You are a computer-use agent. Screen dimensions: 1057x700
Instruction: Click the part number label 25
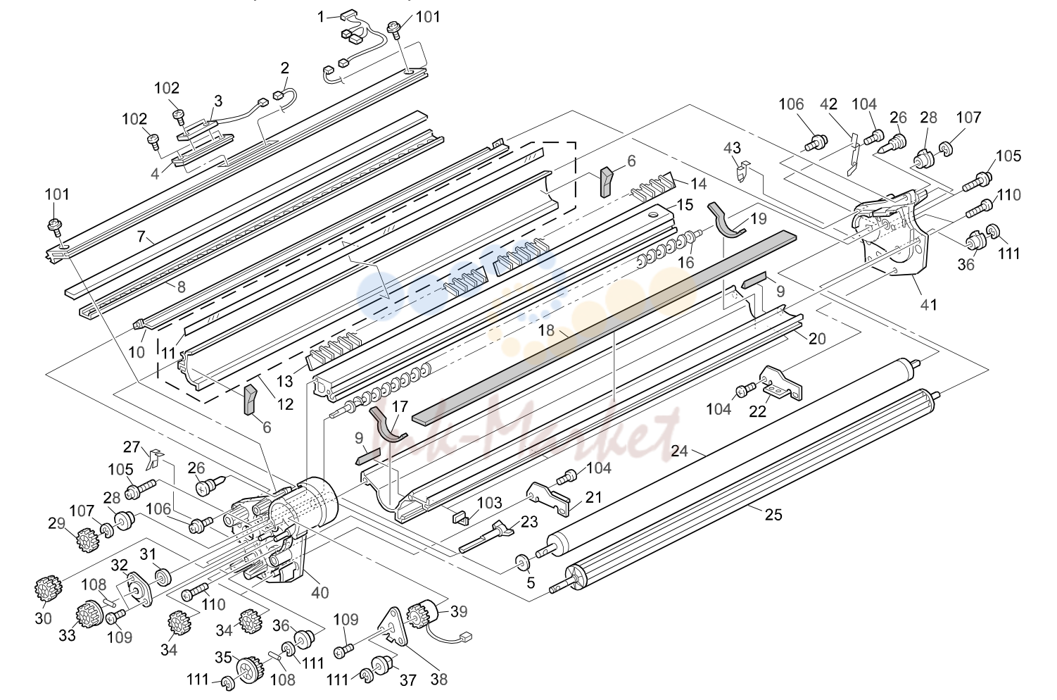(773, 514)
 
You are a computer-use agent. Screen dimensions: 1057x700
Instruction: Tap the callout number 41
(928, 305)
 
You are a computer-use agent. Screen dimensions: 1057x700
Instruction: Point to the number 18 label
(546, 330)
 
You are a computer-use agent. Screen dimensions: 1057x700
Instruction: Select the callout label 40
(320, 592)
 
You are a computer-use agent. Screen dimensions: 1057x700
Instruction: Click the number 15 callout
(685, 205)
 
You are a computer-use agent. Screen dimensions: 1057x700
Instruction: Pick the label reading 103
(490, 503)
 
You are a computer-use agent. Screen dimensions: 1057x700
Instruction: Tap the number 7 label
(141, 236)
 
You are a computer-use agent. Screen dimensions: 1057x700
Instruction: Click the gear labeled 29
(87, 539)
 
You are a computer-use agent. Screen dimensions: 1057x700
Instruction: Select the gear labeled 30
(48, 589)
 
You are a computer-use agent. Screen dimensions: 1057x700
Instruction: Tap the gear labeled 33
(89, 613)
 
